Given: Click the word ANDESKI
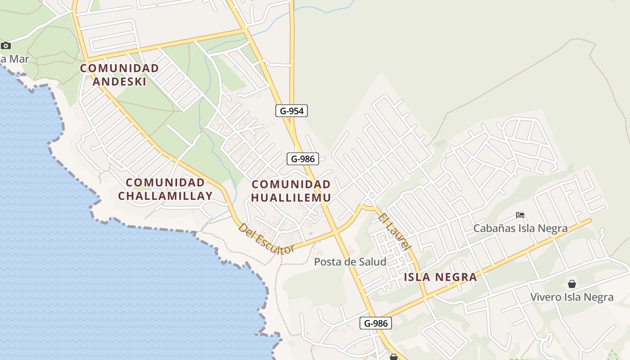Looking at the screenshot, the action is click(x=119, y=81).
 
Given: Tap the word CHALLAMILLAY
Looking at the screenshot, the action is click(x=165, y=196).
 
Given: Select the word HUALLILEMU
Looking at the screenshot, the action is click(x=291, y=197).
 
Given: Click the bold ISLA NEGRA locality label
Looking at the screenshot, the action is click(x=440, y=277).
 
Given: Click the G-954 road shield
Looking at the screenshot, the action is click(x=292, y=111).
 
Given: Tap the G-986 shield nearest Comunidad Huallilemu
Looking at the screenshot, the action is click(x=303, y=158).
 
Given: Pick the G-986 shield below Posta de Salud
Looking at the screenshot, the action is click(x=375, y=323).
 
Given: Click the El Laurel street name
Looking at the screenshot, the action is click(x=395, y=231).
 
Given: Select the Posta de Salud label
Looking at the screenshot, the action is click(x=350, y=261).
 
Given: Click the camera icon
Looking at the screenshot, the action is click(x=6, y=45).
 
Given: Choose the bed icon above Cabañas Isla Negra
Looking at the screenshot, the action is click(x=520, y=215).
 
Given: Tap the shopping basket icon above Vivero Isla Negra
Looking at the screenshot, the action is click(x=571, y=284).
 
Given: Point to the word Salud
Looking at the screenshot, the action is click(x=372, y=261).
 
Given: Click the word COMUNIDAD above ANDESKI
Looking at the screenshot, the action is click(x=119, y=68).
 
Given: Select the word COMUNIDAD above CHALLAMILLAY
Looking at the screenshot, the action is click(x=165, y=183).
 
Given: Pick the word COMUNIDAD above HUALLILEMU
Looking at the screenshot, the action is click(x=291, y=184).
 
